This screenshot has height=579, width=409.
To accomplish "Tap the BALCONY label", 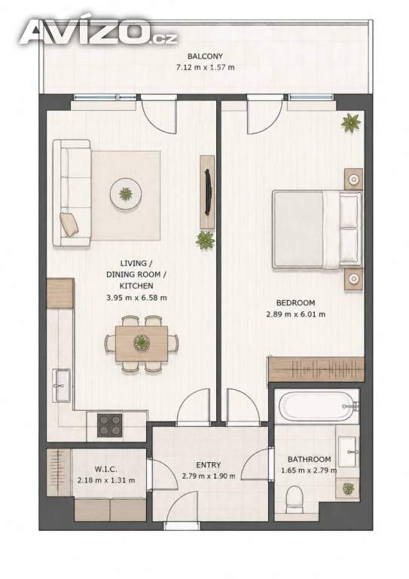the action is pos(205,57).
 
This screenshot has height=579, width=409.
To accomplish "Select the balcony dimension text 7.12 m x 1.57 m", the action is pos(205,68).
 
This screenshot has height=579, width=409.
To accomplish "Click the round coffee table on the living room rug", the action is pos(126,195).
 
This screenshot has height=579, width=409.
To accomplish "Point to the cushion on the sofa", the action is pos(69,224).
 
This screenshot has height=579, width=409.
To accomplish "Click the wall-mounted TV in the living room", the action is pos(208,192).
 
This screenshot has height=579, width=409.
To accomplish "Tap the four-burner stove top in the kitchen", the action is pos(109,425).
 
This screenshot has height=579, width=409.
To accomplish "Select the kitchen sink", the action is pos(62,384).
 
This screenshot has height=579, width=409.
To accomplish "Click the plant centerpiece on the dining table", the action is pos(142,342).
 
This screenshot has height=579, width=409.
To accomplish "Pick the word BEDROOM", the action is pos(296,303).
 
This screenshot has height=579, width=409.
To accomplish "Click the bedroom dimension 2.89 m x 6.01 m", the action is pos(296,314).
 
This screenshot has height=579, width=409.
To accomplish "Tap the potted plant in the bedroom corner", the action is pos(350,123).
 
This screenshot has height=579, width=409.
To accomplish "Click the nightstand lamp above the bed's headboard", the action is pos(354,180).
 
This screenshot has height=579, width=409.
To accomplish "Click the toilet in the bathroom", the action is pos(295,499).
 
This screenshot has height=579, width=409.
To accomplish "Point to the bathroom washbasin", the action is pos(347,452).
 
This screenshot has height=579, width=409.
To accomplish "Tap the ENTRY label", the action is pos(209,465).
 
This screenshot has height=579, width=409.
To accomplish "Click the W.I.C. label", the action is pos(106,470).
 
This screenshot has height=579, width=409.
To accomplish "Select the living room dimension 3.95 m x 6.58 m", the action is pos(137,297).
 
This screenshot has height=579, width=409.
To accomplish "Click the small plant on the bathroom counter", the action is pos(348,489).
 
